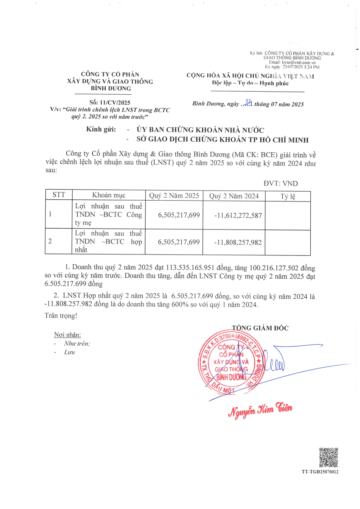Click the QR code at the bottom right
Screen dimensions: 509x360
(329, 457)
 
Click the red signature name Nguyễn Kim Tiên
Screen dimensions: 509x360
(260, 409)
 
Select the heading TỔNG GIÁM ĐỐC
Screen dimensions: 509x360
(260, 327)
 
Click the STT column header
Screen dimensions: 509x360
(58, 196)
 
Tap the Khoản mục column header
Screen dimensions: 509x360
(109, 196)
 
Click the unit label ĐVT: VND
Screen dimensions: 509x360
(281, 184)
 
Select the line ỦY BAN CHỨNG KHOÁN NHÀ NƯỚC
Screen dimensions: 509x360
(200, 130)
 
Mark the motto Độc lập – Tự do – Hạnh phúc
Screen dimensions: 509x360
(250, 84)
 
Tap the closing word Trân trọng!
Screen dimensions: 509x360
(61, 316)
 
